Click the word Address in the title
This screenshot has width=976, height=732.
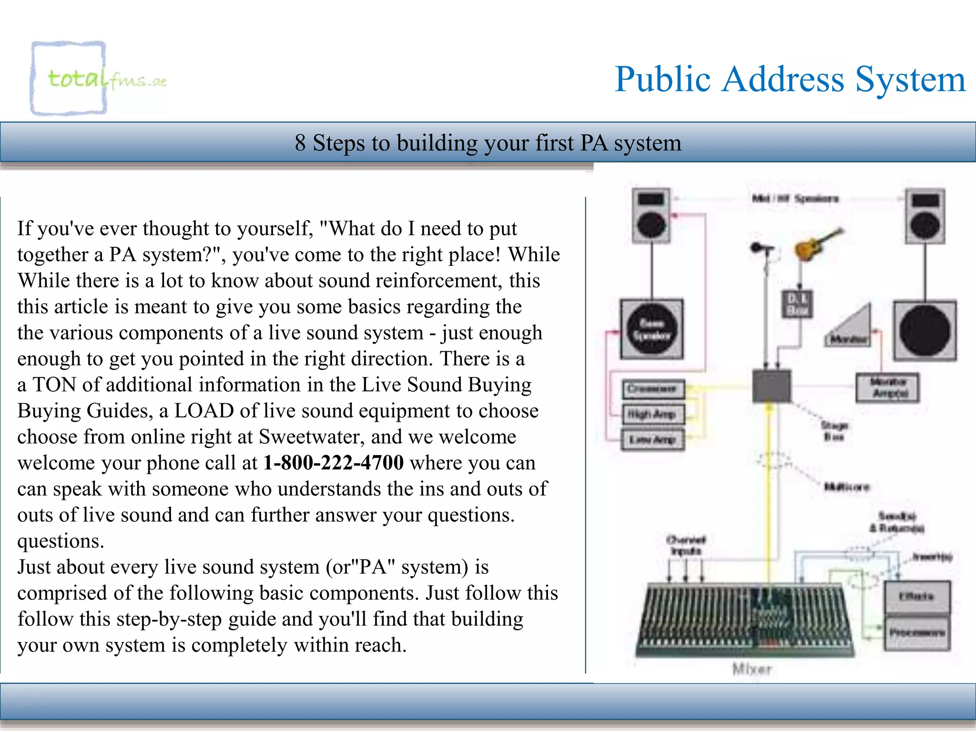782,79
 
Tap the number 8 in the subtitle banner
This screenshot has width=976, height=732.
300,142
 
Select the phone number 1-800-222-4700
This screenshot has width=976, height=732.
334,463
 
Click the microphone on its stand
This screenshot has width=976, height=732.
762,250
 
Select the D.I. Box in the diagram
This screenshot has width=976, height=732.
797,304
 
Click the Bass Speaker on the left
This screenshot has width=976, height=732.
651,329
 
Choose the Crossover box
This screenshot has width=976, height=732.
652,389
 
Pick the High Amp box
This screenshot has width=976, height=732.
652,414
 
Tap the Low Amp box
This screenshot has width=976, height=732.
652,439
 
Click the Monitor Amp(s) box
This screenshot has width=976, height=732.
888,387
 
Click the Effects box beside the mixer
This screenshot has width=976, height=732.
916,597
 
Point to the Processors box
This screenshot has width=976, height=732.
916,633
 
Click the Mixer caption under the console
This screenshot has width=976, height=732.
751,670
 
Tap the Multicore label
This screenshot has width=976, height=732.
847,487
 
